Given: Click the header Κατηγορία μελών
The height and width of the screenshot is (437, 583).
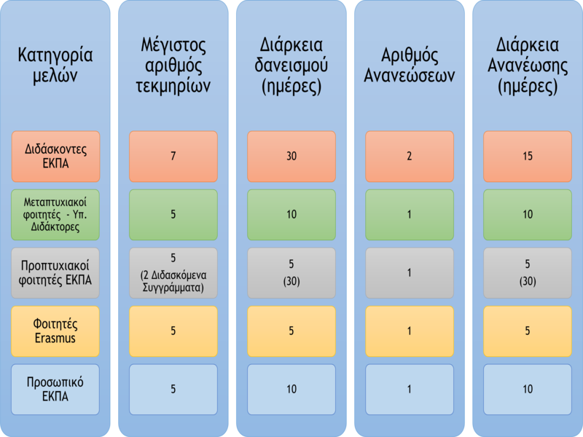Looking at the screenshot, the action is click(x=55, y=66).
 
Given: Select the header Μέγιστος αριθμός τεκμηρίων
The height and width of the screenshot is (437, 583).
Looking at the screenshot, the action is click(x=173, y=66).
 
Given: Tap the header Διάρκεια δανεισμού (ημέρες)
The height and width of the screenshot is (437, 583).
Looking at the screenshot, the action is click(x=291, y=66).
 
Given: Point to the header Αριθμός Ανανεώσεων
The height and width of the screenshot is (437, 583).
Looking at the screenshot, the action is click(x=410, y=66).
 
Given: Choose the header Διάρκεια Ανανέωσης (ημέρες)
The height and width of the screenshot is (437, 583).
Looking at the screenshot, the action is click(x=528, y=66).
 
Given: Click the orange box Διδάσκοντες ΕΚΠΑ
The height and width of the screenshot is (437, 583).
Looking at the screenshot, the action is click(x=55, y=157).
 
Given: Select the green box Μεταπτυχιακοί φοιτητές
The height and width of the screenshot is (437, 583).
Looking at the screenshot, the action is click(x=55, y=215).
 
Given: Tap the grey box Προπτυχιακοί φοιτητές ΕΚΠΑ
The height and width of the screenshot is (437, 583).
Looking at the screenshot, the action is click(x=55, y=273).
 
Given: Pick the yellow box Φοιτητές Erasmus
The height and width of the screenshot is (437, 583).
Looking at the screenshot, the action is click(x=55, y=331).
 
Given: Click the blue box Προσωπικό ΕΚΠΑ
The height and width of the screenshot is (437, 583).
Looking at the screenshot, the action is click(x=55, y=390).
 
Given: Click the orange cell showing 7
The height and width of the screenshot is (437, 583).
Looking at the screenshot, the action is click(x=173, y=157).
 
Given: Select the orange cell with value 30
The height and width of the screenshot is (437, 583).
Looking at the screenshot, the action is click(x=291, y=157).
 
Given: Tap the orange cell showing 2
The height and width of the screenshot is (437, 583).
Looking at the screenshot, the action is click(x=410, y=157).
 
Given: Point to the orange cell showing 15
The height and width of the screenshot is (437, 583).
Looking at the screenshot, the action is click(x=528, y=157).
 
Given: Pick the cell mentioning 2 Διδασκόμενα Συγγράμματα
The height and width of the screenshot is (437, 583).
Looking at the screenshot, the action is click(x=173, y=273).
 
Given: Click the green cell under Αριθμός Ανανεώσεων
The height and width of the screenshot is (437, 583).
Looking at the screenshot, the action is click(x=410, y=215).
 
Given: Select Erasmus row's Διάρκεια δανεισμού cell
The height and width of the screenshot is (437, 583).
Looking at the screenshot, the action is click(x=291, y=331).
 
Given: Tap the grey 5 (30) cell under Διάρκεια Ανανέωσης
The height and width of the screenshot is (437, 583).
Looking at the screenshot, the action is click(x=528, y=273).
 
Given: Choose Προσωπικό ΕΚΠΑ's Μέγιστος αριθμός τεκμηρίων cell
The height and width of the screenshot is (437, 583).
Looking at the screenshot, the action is click(x=173, y=390).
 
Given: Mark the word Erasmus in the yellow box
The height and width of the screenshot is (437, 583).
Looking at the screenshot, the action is click(x=55, y=338).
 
